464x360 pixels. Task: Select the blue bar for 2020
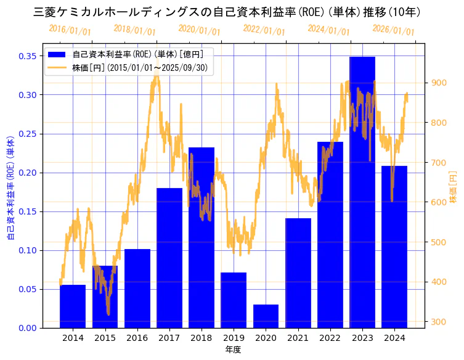(x=266, y=316)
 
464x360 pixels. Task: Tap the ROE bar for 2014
(x=73, y=306)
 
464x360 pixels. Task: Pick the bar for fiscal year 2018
(x=201, y=237)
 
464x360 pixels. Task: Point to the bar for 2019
(x=234, y=300)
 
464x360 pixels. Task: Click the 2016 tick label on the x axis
(x=137, y=338)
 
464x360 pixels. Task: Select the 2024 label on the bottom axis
(x=394, y=338)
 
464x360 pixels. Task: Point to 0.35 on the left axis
(x=28, y=56)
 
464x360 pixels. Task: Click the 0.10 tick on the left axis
(x=28, y=250)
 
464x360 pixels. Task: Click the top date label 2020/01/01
(x=199, y=30)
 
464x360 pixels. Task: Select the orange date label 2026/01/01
(x=393, y=30)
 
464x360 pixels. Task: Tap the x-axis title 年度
(x=233, y=350)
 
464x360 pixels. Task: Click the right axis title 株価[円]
(x=453, y=187)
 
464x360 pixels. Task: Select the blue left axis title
(x=10, y=187)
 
